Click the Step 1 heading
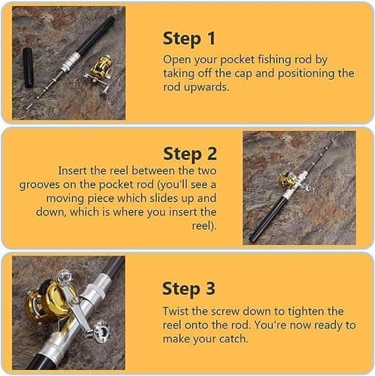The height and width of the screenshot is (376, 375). coord(189,39)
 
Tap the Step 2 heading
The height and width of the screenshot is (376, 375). coord(190,153)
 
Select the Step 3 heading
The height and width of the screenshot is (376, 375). coord(188,288)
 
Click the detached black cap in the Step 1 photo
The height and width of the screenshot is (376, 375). coord(28,68)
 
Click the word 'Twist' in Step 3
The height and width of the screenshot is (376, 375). coord(175,311)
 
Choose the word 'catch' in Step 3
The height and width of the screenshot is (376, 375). coord(233,339)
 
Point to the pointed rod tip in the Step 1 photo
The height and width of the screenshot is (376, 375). coord(29,107)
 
